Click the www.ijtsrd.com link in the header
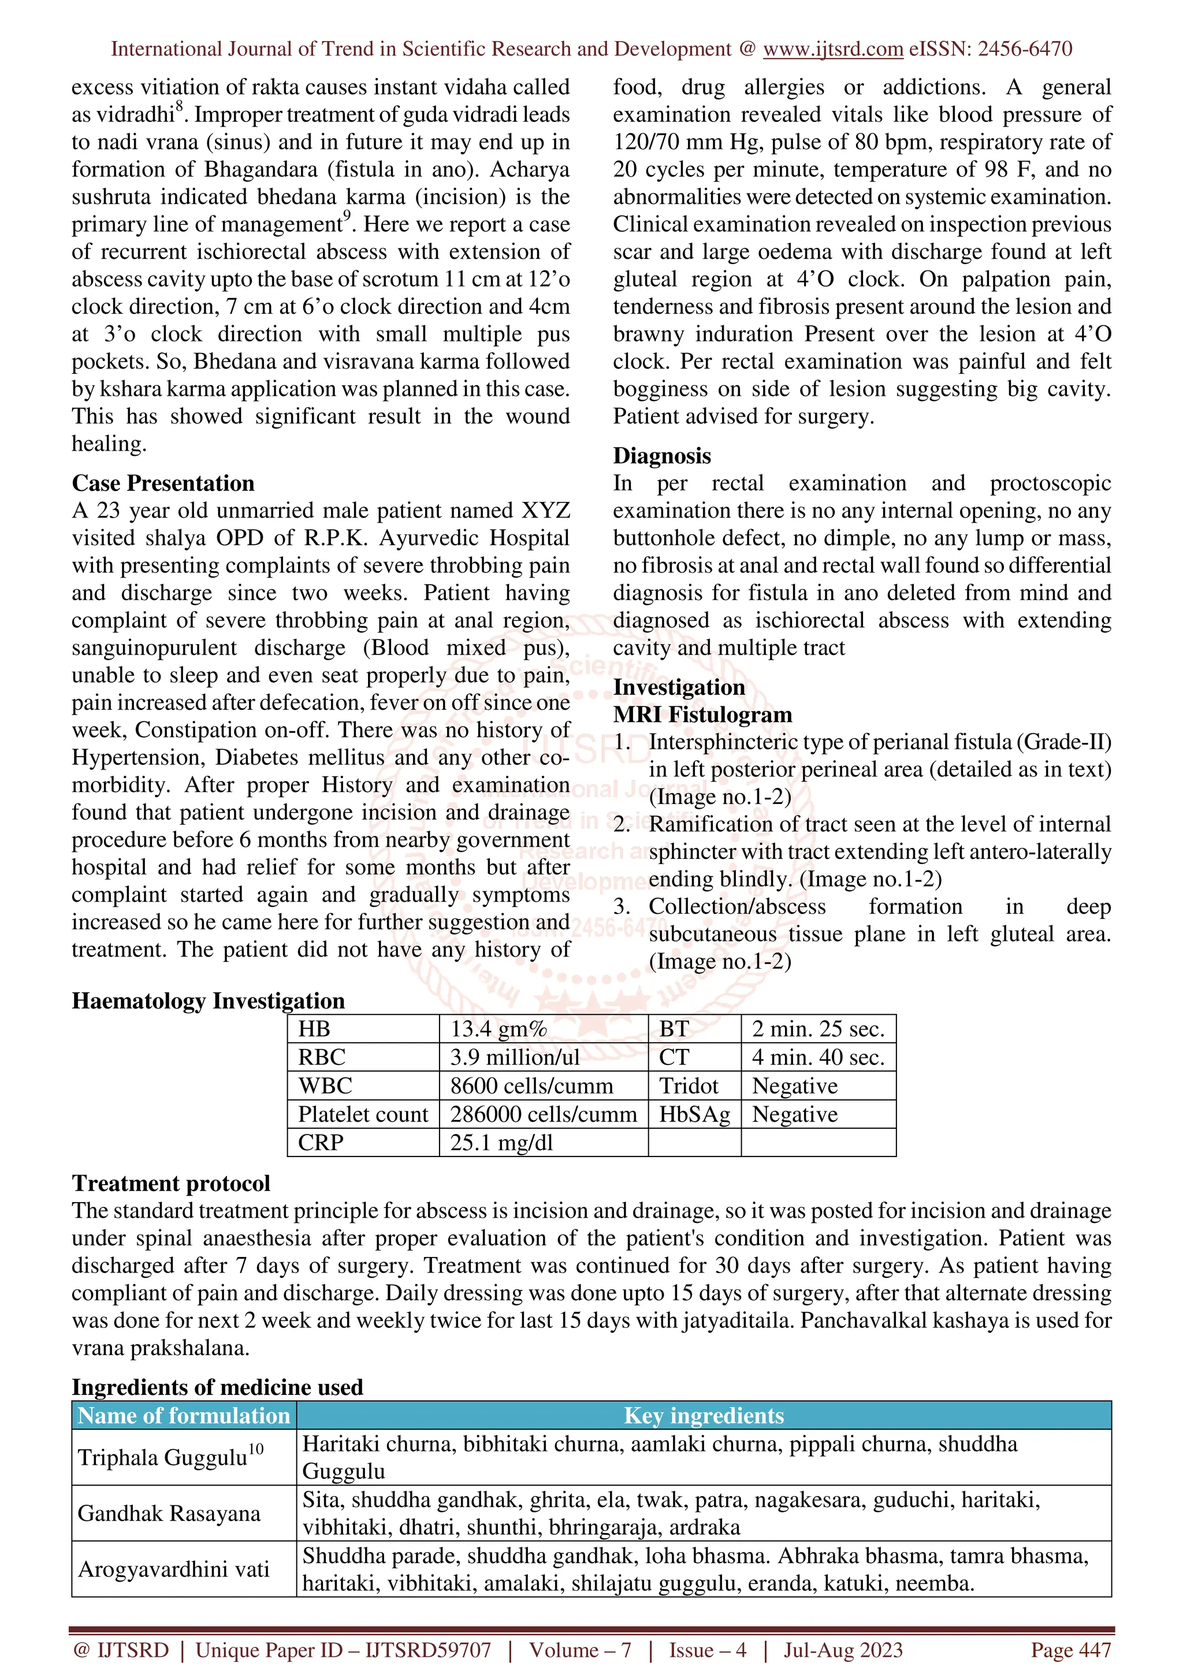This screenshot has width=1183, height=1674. coord(832,49)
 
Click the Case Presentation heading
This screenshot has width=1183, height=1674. coord(163,483)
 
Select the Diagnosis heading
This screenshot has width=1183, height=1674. coord(662,456)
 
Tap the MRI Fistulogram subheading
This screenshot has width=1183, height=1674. coord(702,715)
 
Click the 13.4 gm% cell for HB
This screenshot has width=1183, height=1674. coord(499,1029)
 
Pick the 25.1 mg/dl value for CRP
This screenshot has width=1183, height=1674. coord(501,1143)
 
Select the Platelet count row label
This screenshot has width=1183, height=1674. coord(363,1114)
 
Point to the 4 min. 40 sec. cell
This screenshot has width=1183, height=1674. coord(818,1057)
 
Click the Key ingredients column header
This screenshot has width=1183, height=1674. coord(704,1415)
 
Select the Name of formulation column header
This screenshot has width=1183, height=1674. coord(184,1415)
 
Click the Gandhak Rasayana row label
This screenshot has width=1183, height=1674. coord(169,1513)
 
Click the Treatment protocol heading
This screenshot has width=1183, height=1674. coord(170,1184)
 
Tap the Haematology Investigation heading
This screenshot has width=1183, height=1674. coord(209,1001)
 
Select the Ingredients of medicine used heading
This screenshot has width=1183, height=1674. coord(217,1387)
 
